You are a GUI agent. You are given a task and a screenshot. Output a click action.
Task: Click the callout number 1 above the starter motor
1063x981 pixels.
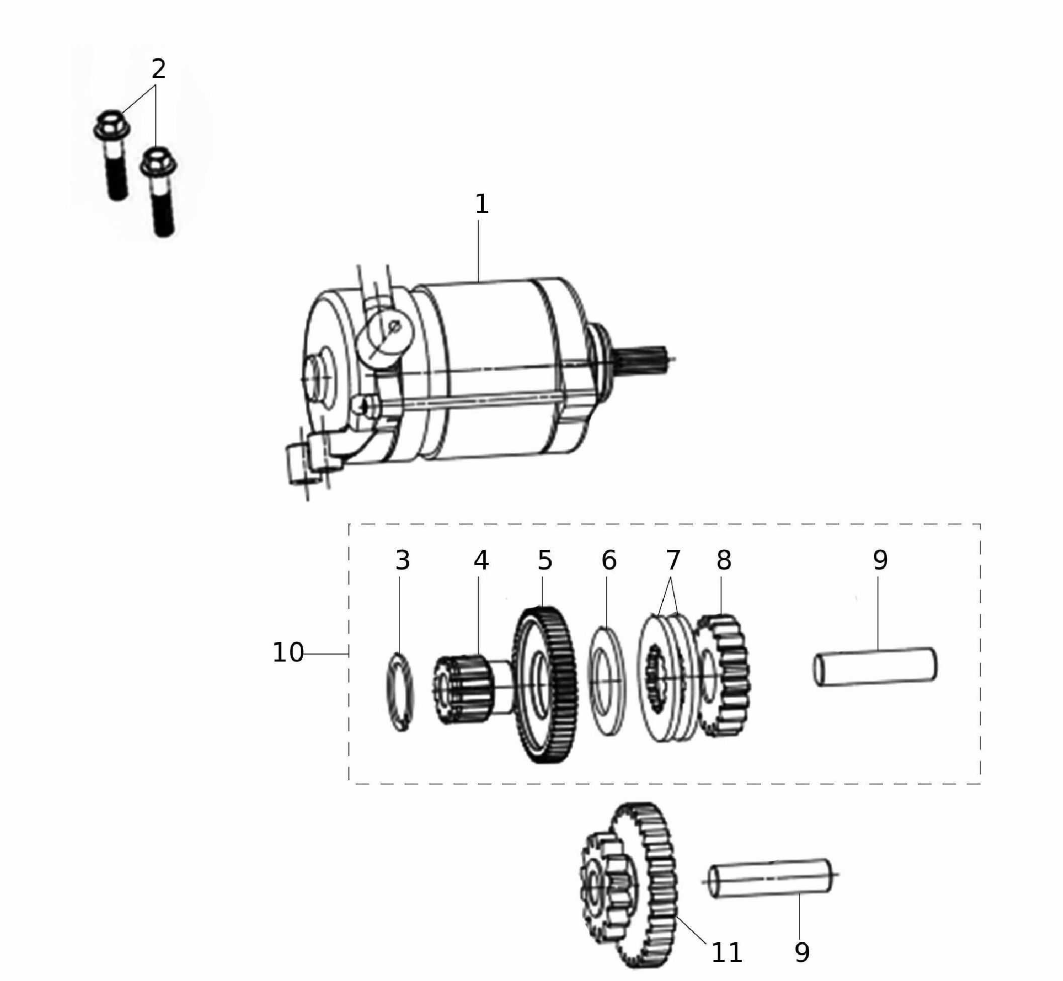click(x=481, y=204)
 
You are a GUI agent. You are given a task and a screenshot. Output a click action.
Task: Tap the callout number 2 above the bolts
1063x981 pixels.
click(x=158, y=69)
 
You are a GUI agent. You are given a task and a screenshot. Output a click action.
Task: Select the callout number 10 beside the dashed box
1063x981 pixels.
click(x=288, y=652)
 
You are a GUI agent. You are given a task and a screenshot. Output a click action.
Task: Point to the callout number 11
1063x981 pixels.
click(x=726, y=953)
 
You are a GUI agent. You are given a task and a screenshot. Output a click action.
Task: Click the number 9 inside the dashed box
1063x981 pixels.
click(x=880, y=560)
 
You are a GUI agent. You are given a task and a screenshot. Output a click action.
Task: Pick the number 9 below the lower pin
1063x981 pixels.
click(x=802, y=953)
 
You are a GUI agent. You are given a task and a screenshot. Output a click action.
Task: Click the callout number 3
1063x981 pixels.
click(x=402, y=560)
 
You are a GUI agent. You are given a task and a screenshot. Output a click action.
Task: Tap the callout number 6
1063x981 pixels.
click(x=609, y=560)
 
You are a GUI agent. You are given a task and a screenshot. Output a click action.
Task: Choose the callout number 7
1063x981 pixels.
click(x=672, y=560)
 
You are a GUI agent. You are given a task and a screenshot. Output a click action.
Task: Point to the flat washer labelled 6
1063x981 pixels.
click(x=607, y=681)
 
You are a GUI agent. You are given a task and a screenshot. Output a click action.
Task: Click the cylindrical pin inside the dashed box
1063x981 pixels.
click(x=875, y=667)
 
